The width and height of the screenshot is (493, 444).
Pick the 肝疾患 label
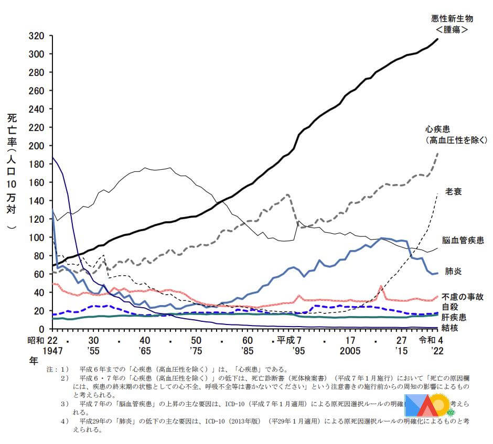[x=454, y=317]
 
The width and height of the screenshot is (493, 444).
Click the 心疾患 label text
[x=440, y=129]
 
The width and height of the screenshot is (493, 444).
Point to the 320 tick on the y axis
[x=44, y=36]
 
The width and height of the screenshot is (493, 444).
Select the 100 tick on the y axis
[x=44, y=237]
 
